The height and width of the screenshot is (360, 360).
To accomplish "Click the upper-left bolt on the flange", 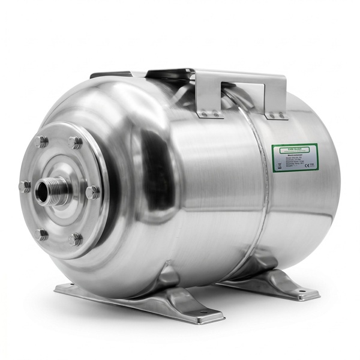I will tap(42, 142).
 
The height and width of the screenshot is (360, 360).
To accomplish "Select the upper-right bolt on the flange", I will tap(75, 143).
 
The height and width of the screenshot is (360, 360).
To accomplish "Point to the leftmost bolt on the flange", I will tap(25, 187).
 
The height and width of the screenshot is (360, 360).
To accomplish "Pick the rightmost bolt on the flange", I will tap(92, 192).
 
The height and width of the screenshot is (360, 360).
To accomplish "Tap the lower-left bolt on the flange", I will tap(41, 234).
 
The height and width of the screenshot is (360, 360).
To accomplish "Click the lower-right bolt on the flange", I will tap(75, 239).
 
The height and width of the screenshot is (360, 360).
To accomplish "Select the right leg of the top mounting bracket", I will tap(277, 103).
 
